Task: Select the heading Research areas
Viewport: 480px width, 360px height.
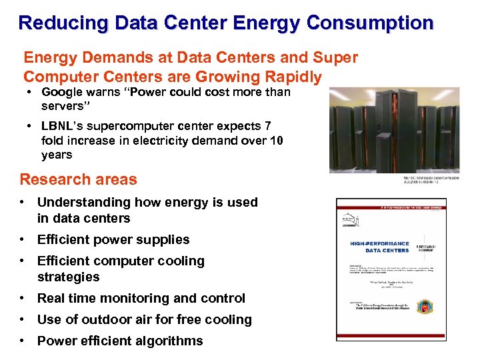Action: coord(78,179)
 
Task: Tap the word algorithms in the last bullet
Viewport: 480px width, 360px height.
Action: coord(168,341)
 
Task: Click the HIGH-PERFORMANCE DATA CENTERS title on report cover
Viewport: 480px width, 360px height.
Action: coord(379,247)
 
